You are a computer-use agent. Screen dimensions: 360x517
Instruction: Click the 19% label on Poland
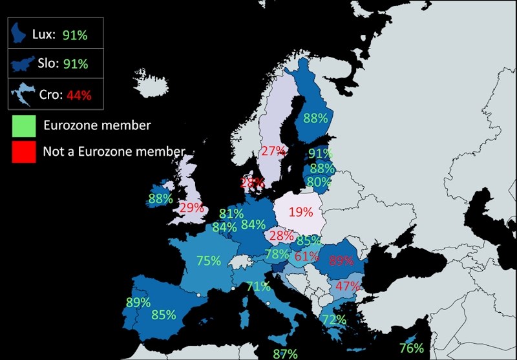click(x=301, y=211)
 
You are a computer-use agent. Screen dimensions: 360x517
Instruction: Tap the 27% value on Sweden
click(x=273, y=151)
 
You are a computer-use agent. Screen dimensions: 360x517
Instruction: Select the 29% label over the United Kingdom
click(x=191, y=208)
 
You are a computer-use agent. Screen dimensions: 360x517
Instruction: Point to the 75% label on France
click(x=209, y=261)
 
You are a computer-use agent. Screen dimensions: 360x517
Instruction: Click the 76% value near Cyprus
click(x=411, y=348)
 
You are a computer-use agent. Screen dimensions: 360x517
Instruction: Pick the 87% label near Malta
click(x=285, y=353)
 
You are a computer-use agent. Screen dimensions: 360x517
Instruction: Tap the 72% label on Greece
click(x=334, y=319)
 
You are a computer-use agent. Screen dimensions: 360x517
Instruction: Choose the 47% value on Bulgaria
click(x=347, y=286)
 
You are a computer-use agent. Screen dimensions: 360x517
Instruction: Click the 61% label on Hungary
click(x=306, y=255)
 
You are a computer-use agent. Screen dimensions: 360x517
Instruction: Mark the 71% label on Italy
click(x=258, y=286)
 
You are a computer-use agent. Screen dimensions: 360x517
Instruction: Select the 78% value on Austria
click(x=277, y=254)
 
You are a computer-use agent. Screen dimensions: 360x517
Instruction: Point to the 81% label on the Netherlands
click(x=231, y=213)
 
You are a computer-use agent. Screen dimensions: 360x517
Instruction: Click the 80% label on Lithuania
click(x=319, y=182)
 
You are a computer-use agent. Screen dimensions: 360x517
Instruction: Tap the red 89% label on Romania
click(x=341, y=261)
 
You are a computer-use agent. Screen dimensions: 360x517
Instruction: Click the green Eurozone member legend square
click(x=23, y=125)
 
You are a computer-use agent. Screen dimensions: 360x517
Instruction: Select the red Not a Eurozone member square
click(x=23, y=151)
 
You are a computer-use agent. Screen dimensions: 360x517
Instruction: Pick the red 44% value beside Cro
click(x=79, y=95)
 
